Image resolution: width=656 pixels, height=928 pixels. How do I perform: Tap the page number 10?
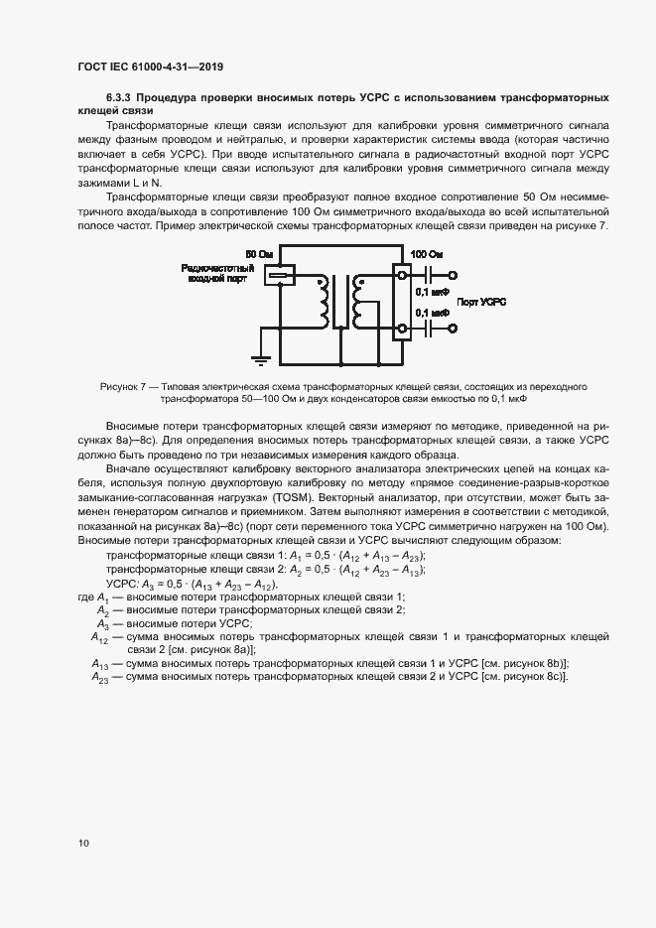83,843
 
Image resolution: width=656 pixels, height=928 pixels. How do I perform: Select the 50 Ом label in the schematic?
258,256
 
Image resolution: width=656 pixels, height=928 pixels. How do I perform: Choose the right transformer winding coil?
356,302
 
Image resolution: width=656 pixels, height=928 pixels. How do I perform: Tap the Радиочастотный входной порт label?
217,274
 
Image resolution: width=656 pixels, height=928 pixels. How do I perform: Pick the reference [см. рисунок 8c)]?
523,676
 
